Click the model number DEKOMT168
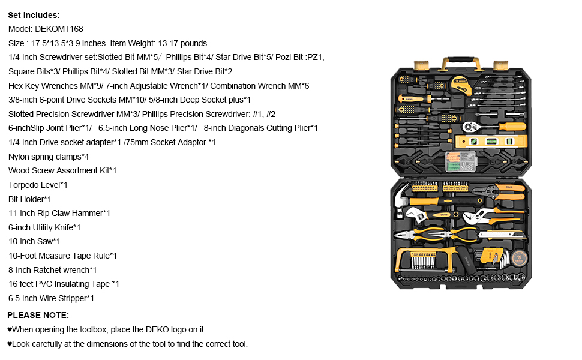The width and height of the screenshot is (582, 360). (58, 29)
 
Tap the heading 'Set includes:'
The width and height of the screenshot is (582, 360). (34, 15)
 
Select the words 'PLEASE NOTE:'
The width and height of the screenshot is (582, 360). (38, 315)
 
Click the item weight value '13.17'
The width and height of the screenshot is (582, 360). (169, 43)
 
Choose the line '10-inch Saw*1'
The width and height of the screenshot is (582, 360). (34, 241)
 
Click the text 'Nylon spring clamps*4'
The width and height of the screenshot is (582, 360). (49, 157)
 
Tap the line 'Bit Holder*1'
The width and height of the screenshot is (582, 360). (30, 199)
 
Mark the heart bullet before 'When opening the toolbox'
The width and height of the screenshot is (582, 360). (10, 330)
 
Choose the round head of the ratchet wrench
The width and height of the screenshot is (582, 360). (469, 127)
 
